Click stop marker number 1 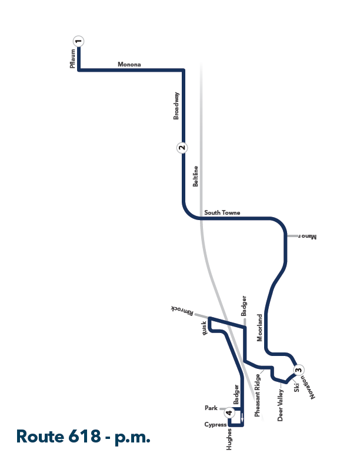pyautogui.click(x=78, y=41)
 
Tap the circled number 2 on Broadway pyautogui.click(x=182, y=148)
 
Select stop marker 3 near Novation pyautogui.click(x=298, y=370)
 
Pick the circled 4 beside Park pyautogui.click(x=229, y=412)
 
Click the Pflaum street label pyautogui.click(x=73, y=59)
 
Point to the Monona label pyautogui.click(x=129, y=64)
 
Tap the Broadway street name pyautogui.click(x=176, y=106)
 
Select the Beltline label pyautogui.click(x=195, y=177)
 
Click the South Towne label pyautogui.click(x=222, y=212)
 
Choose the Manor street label pyautogui.click(x=307, y=237)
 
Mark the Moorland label pyautogui.click(x=259, y=328)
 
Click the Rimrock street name pyautogui.click(x=182, y=311)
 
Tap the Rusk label pyautogui.click(x=204, y=328)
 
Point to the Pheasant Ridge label pyautogui.click(x=257, y=395)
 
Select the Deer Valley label pyautogui.click(x=280, y=405)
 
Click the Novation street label pyautogui.click(x=308, y=387)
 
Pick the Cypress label pyautogui.click(x=215, y=424)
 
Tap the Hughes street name pyautogui.click(x=229, y=440)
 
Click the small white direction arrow pyautogui.click(x=242, y=417)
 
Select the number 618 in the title pyautogui.click(x=84, y=437)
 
